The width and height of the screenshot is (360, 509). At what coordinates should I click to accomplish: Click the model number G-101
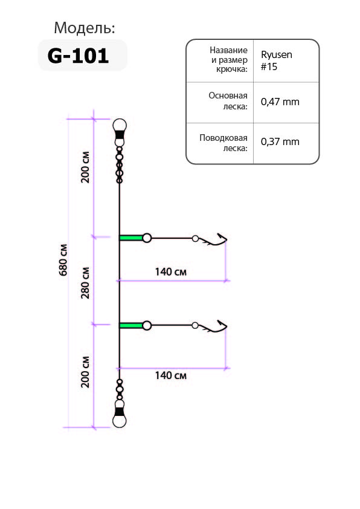point(78,56)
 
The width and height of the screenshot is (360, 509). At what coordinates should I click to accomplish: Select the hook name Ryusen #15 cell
point(276,60)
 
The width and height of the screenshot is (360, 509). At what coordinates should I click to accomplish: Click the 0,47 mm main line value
point(280,102)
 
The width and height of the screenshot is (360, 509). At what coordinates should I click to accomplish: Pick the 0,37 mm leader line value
point(280,142)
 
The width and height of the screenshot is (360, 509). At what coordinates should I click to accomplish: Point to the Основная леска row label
point(228,101)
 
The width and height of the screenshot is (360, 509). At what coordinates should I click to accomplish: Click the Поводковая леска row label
point(223,143)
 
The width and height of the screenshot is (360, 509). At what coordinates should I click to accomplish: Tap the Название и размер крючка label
point(229,59)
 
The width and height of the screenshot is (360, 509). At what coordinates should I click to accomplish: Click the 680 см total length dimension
point(63,260)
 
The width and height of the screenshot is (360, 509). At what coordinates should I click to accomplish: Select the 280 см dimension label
point(85,283)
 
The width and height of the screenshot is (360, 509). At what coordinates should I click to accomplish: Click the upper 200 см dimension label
point(85,167)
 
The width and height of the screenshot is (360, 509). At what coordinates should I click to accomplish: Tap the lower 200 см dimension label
point(85,372)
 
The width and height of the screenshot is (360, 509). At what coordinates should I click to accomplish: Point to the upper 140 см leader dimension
point(170,271)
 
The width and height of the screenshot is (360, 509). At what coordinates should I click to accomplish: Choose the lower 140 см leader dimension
point(170,375)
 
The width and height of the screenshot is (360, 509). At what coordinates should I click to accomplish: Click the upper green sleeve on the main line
point(131,238)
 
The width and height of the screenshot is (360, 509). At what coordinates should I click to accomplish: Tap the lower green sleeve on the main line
point(131,325)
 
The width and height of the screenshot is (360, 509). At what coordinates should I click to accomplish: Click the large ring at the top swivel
point(120,125)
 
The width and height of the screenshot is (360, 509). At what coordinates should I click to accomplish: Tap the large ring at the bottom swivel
point(120,421)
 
